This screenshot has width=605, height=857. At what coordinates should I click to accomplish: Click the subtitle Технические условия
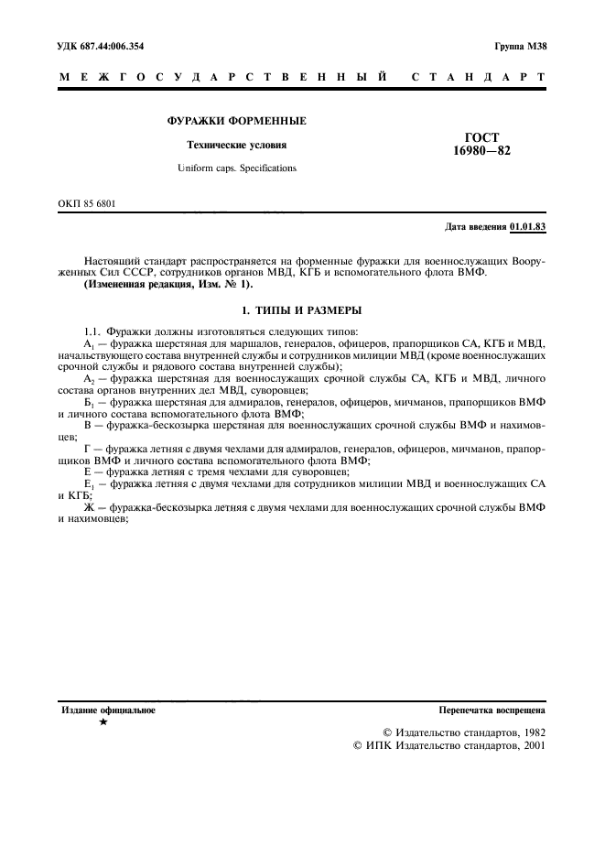[236, 145]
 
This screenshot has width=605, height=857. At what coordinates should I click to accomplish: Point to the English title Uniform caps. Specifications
[236, 168]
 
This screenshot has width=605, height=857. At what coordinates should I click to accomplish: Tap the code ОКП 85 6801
[88, 203]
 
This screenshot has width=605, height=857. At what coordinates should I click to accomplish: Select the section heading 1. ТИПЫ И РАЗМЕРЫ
[302, 310]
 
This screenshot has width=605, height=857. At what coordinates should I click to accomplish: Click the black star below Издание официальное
[103, 722]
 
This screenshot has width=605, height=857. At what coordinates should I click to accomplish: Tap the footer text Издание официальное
[108, 710]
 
